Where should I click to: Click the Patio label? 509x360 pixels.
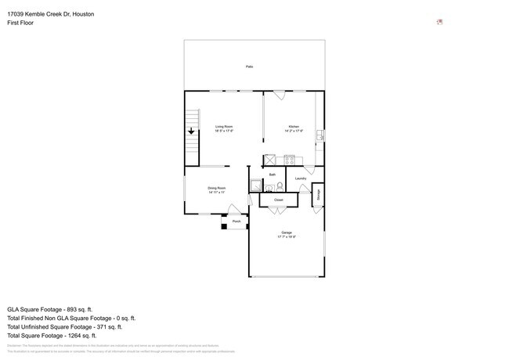point(249,67)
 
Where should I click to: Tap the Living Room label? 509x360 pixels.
point(224,127)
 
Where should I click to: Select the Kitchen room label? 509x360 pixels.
point(294,127)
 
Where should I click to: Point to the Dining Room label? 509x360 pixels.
point(217,188)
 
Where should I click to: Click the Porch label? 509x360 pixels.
point(236,221)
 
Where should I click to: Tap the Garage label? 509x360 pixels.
point(286,232)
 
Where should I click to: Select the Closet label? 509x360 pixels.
point(278,200)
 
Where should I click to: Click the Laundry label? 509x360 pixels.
point(301,178)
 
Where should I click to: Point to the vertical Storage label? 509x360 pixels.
point(319,195)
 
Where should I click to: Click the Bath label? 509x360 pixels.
point(273,175)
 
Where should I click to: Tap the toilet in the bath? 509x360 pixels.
point(278,186)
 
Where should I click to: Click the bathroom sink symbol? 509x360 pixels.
point(267,187)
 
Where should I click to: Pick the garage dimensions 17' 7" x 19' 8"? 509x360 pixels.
point(286,237)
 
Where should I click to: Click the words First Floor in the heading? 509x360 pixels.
point(20,23)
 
